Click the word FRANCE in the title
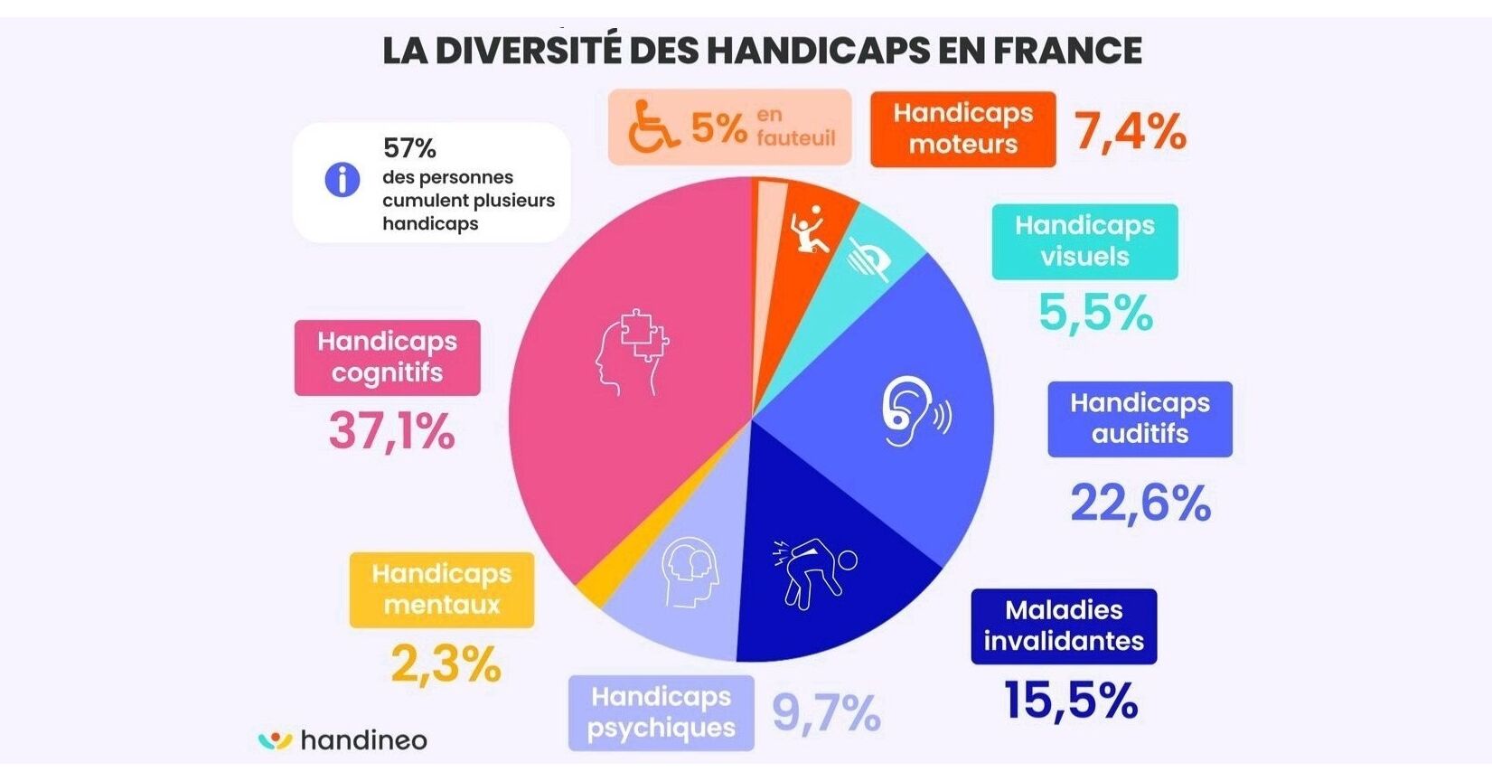coord(1067,51)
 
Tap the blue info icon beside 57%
coord(343,180)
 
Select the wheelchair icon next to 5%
coord(652,127)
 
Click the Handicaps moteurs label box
coord(962,129)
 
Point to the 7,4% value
coord(1130,131)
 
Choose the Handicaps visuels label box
coord(1084,241)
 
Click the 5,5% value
coord(1095,313)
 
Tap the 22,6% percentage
coord(1140,503)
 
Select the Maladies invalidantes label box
coord(1064,626)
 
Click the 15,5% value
coord(1071,701)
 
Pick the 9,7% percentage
coord(826,713)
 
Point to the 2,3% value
coord(446,665)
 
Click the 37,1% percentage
coord(391,430)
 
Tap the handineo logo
coord(343,740)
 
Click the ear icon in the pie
coord(913,412)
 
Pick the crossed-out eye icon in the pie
coord(869,259)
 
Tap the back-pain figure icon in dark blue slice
coord(812,572)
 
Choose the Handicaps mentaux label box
coord(442,589)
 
